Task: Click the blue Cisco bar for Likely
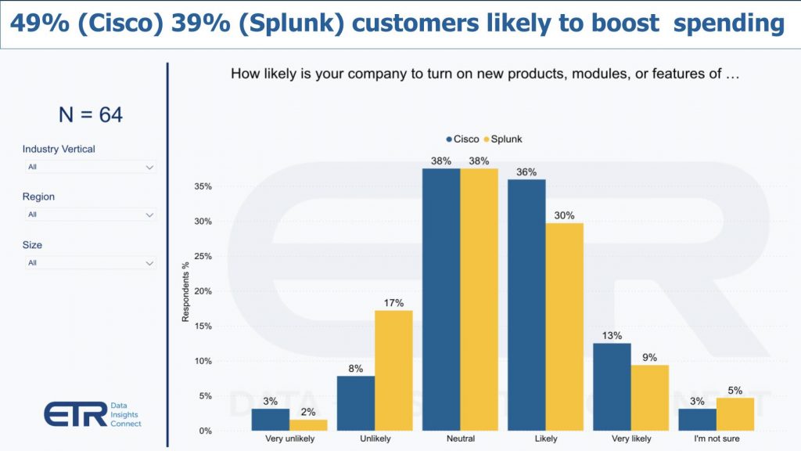(526, 305)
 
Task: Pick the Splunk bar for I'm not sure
(735, 414)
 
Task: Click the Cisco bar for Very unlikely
(271, 420)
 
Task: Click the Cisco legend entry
(462, 139)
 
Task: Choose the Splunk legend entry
(502, 139)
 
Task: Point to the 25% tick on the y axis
(202, 257)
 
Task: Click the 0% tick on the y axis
(205, 431)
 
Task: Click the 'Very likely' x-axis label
(630, 439)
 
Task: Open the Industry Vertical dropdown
(89, 167)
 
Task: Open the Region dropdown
(89, 215)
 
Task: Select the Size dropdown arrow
(149, 263)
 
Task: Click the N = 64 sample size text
(90, 115)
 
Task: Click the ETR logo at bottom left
(75, 413)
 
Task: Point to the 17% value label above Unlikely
(393, 301)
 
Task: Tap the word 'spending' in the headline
(728, 23)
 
